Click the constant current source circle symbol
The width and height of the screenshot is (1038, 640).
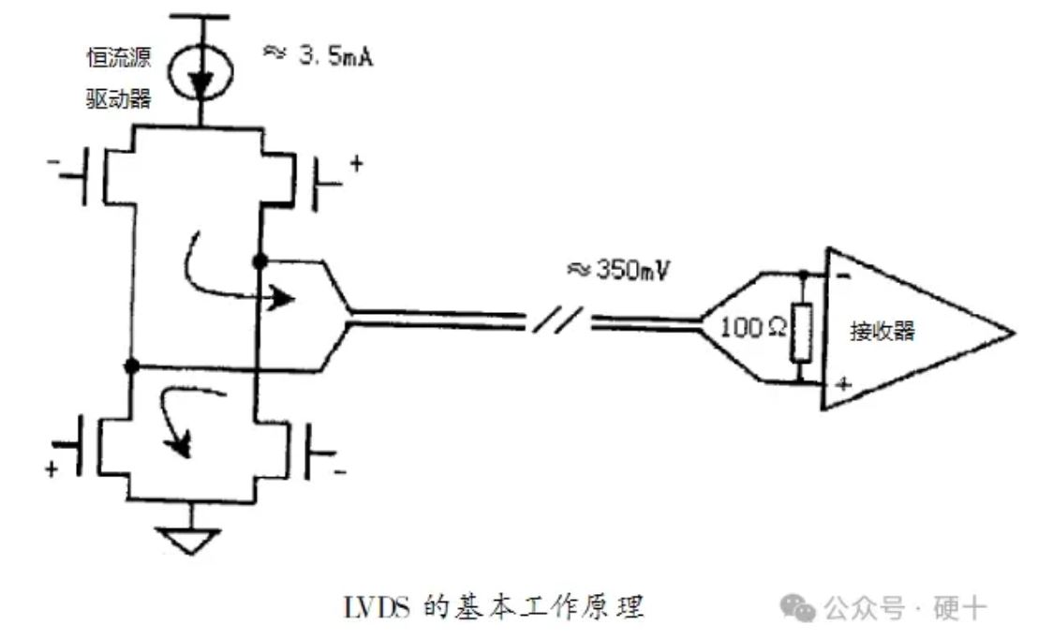(x=202, y=71)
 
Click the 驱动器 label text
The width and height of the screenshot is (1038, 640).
(x=118, y=98)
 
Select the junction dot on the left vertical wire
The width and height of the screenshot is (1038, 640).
(x=133, y=365)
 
